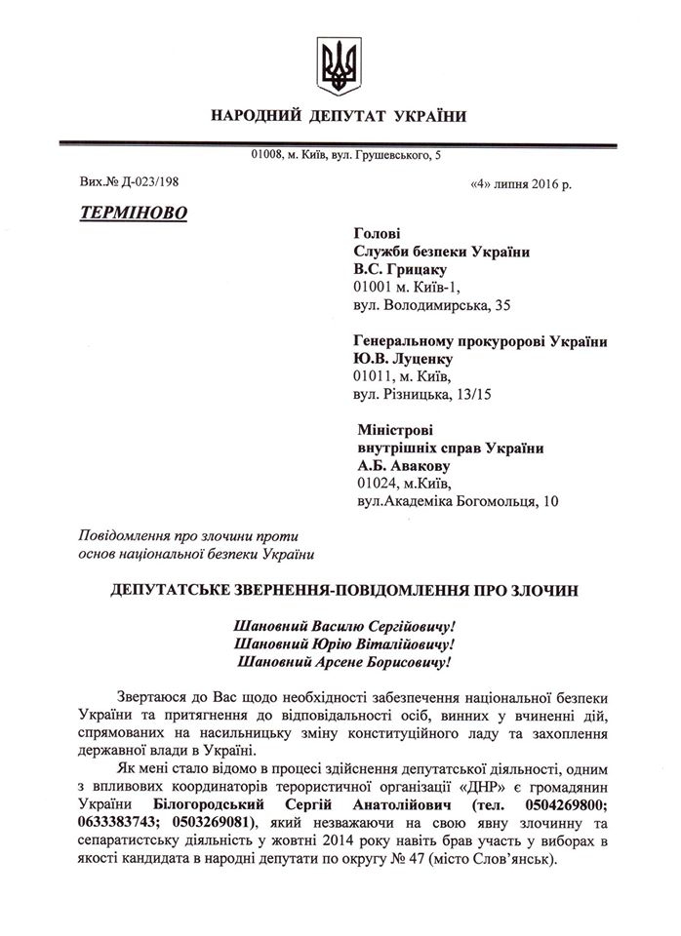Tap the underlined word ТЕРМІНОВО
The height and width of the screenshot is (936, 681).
(x=132, y=212)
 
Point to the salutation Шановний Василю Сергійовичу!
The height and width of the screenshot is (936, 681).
(x=346, y=625)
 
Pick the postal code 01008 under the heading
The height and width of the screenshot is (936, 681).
(x=267, y=155)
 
